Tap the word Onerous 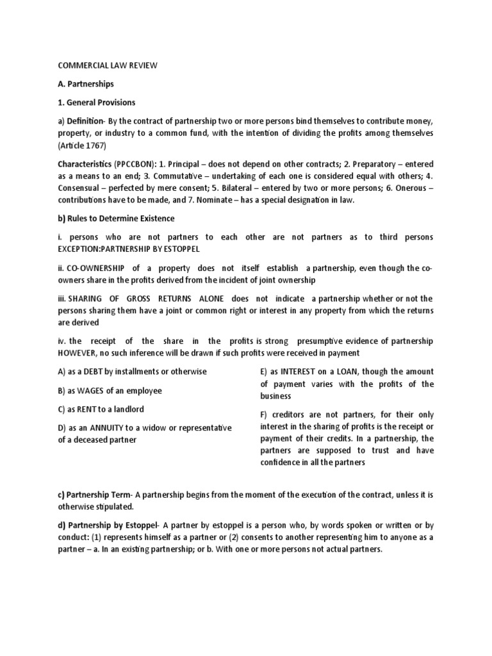pos(411,187)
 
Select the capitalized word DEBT pos(102,372)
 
